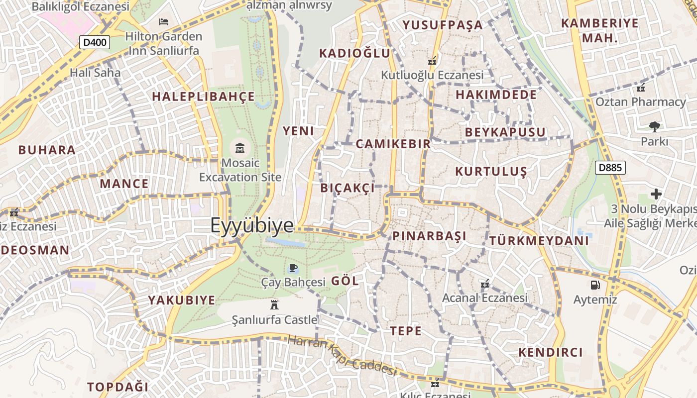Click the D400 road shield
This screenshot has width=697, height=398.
coord(95,42)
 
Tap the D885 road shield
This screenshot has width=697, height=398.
coord(610,168)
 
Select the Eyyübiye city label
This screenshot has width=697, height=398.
coord(252,225)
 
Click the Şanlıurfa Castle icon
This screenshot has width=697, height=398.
coord(274,304)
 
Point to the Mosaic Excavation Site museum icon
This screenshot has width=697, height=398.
coord(240,148)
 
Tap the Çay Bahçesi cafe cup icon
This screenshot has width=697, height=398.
coord(293,269)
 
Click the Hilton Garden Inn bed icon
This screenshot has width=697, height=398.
coord(163,21)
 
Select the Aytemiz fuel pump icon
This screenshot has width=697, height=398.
coord(594,285)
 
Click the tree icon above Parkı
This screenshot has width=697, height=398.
coord(654,127)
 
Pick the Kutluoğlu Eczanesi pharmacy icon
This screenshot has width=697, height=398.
coord(432,61)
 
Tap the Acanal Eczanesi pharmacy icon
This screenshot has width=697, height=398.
coord(485,284)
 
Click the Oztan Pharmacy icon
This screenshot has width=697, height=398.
coord(640,88)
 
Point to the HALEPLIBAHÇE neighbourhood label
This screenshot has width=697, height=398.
coord(203,97)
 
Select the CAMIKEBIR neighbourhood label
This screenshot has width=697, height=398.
coord(393,144)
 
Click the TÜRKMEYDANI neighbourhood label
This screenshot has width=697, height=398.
coord(539,241)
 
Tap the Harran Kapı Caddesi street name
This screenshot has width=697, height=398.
coord(342,356)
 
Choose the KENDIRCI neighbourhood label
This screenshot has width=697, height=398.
coord(550,352)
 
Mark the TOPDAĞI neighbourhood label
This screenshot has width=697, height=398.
coord(118,387)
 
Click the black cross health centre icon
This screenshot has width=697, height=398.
coord(656,194)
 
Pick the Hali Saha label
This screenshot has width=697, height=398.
coord(95,73)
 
